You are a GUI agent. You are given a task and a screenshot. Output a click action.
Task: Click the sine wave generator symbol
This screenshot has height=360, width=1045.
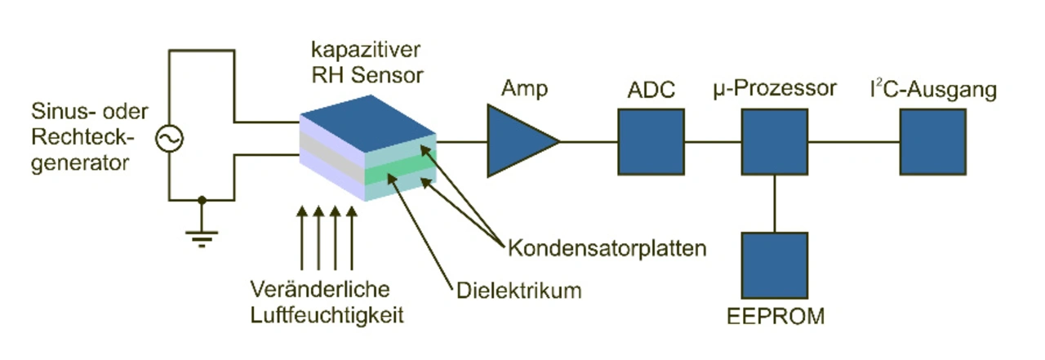point(169,139)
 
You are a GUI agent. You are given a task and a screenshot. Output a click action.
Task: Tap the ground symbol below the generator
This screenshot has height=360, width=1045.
point(202,238)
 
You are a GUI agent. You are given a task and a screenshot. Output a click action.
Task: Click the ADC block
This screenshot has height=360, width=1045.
point(651,142)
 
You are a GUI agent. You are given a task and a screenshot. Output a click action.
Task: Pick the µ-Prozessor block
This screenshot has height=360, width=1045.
point(775,142)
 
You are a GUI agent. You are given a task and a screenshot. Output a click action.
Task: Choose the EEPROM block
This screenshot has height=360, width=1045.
point(775,266)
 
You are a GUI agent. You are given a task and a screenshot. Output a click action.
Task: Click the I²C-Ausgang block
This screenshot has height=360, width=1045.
point(933,142)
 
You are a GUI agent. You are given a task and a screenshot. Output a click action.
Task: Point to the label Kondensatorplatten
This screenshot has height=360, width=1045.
point(607,248)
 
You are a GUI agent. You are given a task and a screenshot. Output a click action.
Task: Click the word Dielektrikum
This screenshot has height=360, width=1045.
point(519,291)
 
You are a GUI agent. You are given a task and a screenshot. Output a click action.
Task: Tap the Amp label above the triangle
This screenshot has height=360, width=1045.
point(524,89)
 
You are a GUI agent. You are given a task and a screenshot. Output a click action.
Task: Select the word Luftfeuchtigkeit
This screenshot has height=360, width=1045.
point(327,315)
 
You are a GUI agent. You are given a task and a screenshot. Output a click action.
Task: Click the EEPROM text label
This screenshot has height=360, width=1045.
point(776,317)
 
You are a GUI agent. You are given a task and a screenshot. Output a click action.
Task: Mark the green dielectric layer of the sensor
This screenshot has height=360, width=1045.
point(400,167)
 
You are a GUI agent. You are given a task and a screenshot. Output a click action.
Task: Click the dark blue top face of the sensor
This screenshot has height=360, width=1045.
point(368,123)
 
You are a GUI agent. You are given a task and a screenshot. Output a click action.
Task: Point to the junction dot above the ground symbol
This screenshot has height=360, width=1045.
point(202,200)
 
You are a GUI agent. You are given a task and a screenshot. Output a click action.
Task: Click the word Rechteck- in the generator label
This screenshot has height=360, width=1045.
point(82,137)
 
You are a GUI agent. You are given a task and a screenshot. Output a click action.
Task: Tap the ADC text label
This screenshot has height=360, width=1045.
point(651,90)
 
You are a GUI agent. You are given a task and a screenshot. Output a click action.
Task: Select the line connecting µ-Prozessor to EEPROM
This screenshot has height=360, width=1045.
point(775,204)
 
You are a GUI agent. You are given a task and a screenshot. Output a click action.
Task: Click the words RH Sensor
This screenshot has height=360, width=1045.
point(367,75)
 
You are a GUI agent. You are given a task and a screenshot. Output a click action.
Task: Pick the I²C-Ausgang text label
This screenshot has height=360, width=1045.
point(933,90)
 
